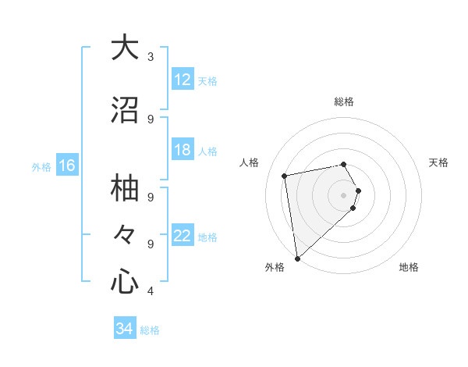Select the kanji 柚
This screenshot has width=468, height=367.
[125, 188]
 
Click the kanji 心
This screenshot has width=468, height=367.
[125, 281]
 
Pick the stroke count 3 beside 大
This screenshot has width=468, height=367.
[151, 56]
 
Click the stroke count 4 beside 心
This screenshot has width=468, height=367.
[151, 291]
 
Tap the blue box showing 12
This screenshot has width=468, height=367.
[182, 80]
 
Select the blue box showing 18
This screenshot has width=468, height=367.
[182, 150]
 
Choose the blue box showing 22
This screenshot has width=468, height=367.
[182, 236]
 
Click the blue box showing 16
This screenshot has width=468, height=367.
[66, 166]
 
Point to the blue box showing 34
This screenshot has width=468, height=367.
[125, 329]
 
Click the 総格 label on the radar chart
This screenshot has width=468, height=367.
[344, 102]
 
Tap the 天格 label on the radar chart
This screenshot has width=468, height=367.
[439, 162]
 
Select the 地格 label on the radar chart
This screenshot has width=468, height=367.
[409, 267]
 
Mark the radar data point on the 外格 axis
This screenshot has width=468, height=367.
[297, 258]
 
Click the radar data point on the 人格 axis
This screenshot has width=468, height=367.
[285, 176]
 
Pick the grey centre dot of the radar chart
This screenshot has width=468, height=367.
[344, 194]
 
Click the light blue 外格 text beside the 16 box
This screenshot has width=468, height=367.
[41, 166]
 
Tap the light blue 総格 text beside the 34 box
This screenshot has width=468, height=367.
[150, 330]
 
